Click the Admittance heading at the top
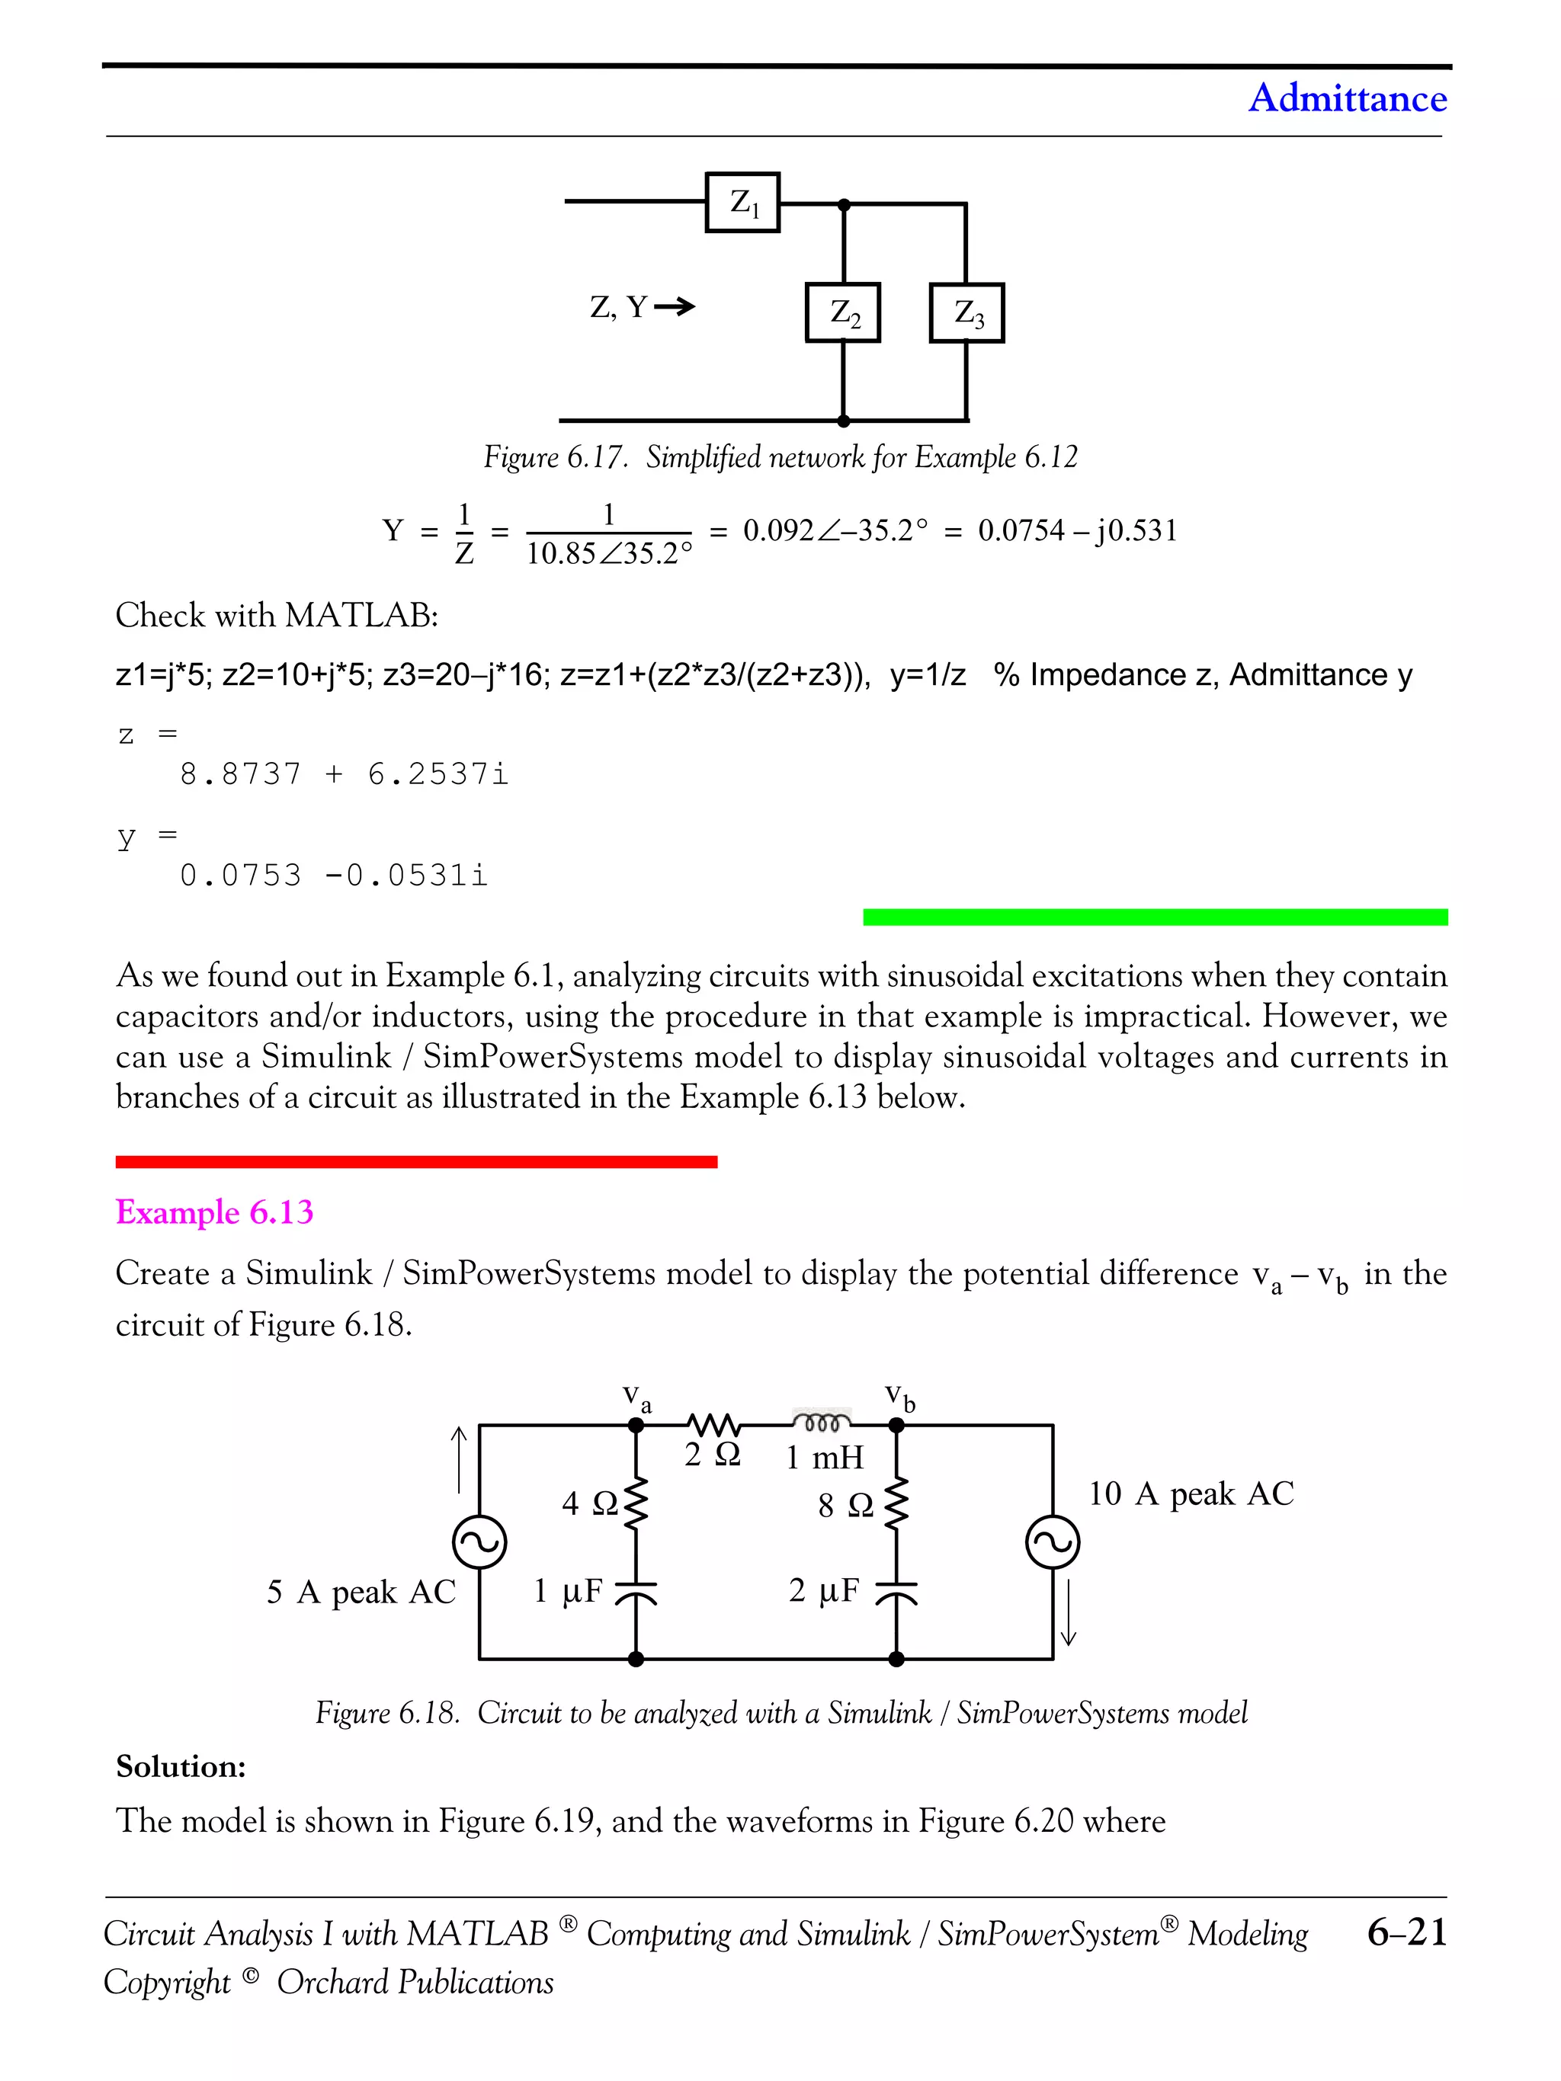tap(1347, 98)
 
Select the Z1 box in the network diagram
tap(742, 202)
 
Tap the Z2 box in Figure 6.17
tap(843, 312)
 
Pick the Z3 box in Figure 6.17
tap(966, 312)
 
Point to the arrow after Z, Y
tap(675, 306)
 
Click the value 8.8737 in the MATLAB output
tap(241, 774)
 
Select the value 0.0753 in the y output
tap(241, 876)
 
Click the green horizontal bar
tap(1155, 917)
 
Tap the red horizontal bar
tap(416, 1162)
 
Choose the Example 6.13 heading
tap(214, 1212)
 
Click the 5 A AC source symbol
tap(480, 1543)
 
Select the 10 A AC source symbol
tap(1052, 1543)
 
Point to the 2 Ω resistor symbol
tap(713, 1424)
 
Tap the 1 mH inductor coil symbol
tap(822, 1422)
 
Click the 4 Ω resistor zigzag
tap(636, 1503)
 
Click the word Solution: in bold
tap(181, 1767)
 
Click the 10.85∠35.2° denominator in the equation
tap(609, 554)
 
